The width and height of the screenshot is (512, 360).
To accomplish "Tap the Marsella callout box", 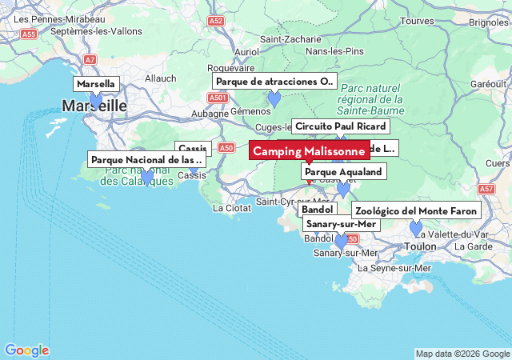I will tap(97, 84).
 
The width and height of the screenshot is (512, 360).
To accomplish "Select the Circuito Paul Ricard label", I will tap(340, 126).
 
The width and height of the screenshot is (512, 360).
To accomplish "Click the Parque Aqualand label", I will tap(344, 171).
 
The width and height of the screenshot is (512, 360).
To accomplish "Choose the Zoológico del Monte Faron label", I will tap(416, 211).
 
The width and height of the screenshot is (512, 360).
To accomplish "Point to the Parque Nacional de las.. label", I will tap(147, 160).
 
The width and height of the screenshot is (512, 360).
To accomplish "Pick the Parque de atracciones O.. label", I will tap(274, 82).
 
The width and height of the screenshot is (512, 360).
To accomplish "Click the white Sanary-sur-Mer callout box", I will tap(340, 224).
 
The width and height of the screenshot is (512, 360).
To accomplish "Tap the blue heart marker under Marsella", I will tap(96, 101).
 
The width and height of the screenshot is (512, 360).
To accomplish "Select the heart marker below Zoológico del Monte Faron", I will tap(416, 228).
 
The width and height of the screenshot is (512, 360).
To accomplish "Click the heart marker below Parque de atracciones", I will tap(274, 99).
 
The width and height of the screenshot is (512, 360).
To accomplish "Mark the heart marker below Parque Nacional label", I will tap(147, 177).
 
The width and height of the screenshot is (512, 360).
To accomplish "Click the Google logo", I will tap(26, 350).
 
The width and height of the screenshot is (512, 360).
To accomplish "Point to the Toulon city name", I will tap(421, 246).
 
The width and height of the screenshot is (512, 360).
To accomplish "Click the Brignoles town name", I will tap(489, 22).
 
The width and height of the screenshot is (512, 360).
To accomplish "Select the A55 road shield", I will tap(30, 34).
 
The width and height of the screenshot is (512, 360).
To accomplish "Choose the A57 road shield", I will tap(486, 189).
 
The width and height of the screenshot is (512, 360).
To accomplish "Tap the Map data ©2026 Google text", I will tap(462, 354).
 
